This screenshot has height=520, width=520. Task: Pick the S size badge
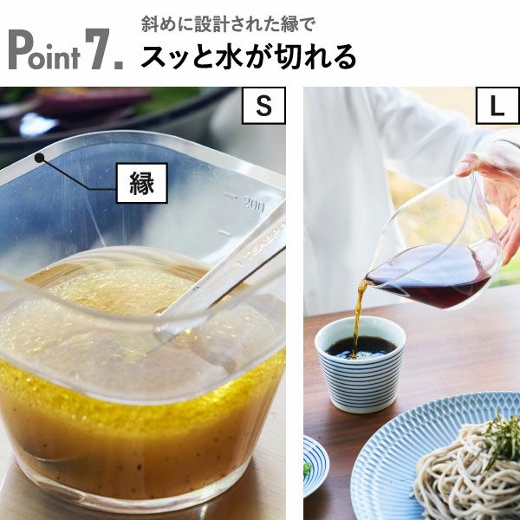pyautogui.click(x=263, y=106)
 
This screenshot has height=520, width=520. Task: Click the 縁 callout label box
pyautogui.click(x=141, y=183)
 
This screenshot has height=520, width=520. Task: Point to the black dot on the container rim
pyautogui.click(x=39, y=158)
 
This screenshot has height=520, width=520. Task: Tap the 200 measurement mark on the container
pyautogui.click(x=252, y=204)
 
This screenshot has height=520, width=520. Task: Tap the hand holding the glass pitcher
pyautogui.click(x=490, y=173)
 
